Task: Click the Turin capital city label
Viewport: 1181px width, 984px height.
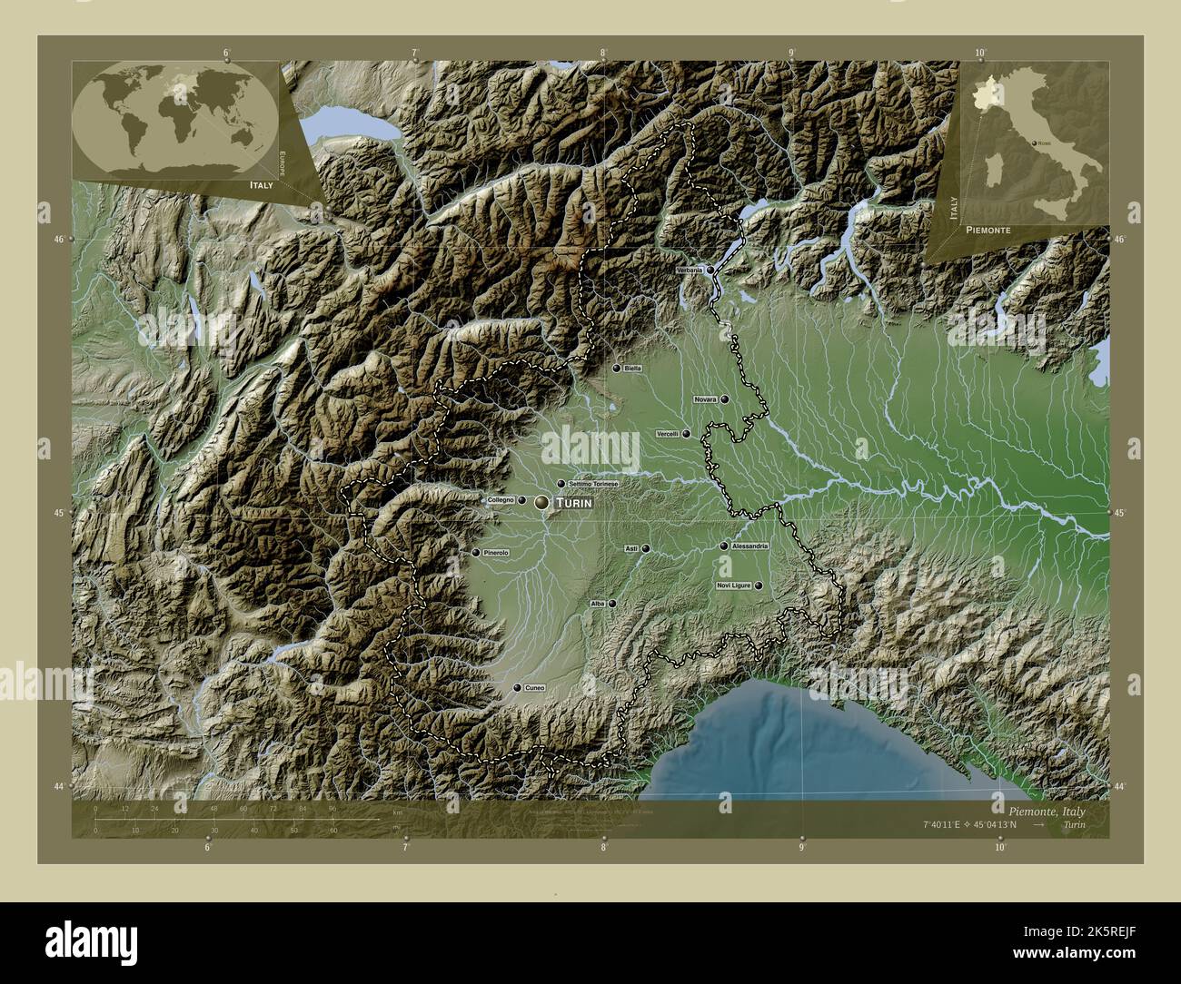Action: (x=574, y=503)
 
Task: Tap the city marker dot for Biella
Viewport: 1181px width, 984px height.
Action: (x=617, y=369)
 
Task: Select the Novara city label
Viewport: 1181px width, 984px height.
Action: (x=705, y=399)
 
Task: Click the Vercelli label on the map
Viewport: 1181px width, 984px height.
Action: (x=667, y=434)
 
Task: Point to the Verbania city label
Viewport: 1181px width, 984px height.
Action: (x=690, y=271)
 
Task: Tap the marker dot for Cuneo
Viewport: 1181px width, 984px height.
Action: (x=518, y=689)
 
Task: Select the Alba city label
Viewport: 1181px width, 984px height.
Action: (x=598, y=604)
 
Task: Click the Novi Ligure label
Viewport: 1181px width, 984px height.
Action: (x=734, y=586)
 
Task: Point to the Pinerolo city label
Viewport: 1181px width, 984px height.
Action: (x=497, y=553)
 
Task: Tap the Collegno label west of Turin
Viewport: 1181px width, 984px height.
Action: (x=501, y=500)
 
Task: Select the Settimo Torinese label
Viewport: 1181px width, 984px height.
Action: (x=593, y=484)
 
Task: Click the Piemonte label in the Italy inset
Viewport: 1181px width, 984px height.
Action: (x=987, y=231)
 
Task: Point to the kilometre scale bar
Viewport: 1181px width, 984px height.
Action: (x=236, y=820)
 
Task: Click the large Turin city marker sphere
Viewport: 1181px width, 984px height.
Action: (x=542, y=502)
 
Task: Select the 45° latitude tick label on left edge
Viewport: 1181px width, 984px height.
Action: (x=59, y=514)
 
